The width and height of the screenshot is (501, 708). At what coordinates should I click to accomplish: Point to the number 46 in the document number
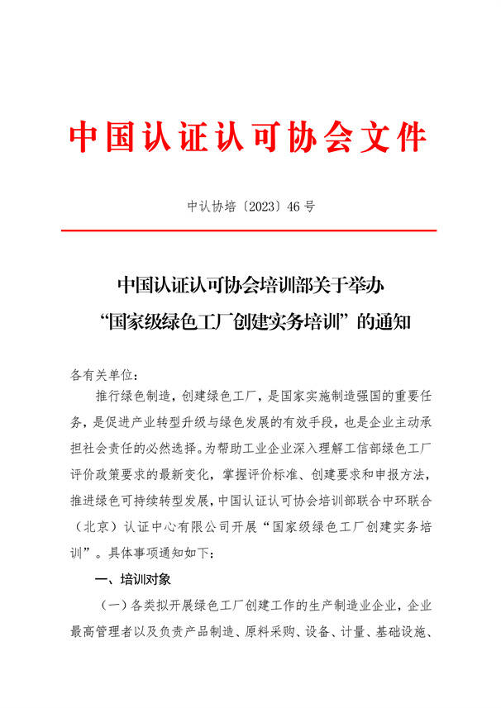tap(292, 207)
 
